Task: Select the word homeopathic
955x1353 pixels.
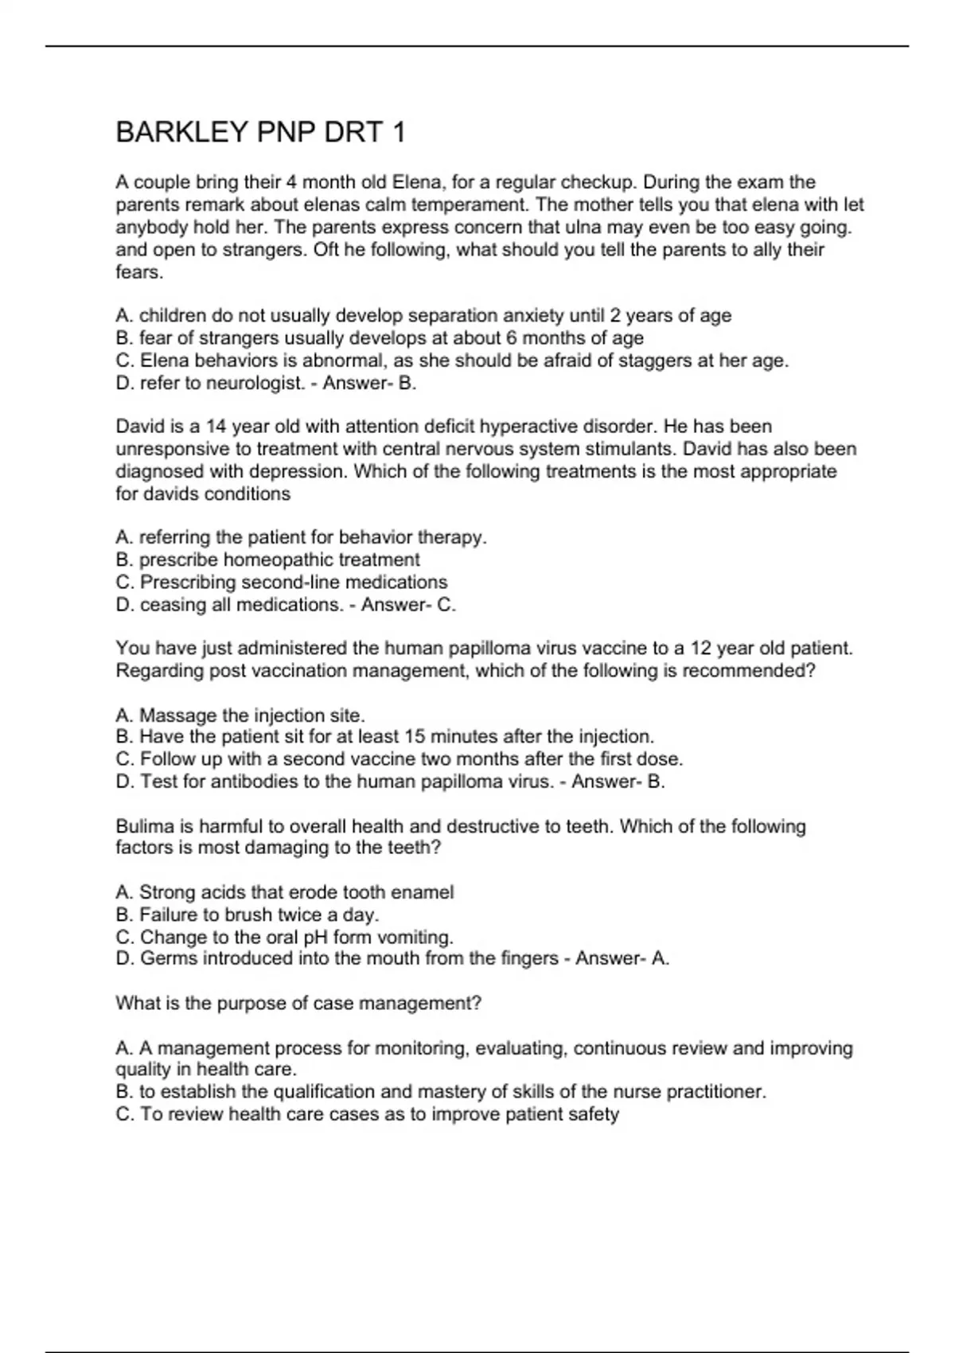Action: (x=278, y=560)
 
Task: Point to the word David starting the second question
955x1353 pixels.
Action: (x=138, y=427)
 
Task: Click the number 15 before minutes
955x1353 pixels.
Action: (x=414, y=736)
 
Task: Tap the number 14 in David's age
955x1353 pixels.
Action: (x=215, y=427)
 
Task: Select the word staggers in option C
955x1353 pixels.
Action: (x=655, y=361)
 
